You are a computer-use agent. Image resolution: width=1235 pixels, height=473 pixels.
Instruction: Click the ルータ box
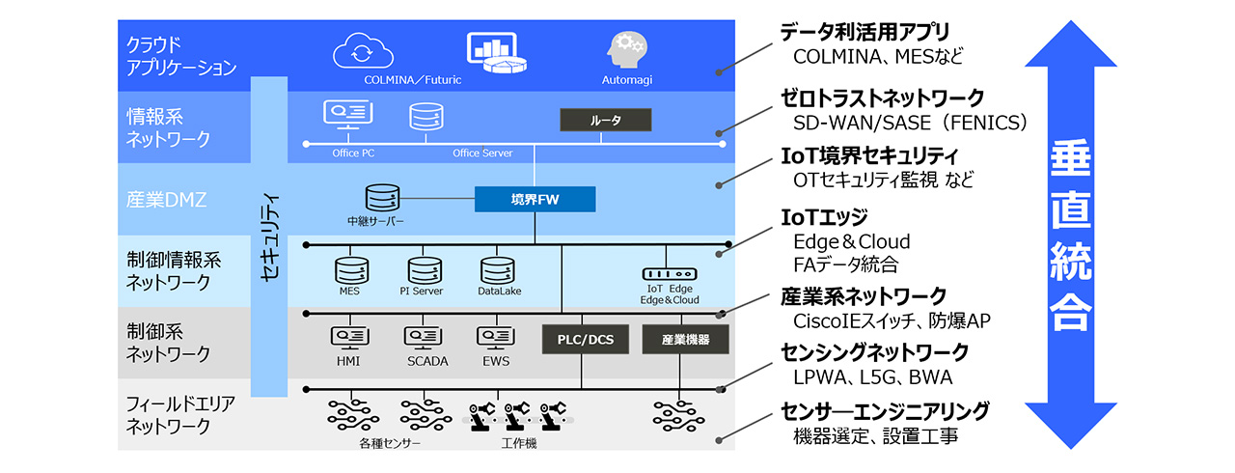click(x=606, y=120)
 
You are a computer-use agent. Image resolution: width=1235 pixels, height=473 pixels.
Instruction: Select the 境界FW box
click(x=535, y=199)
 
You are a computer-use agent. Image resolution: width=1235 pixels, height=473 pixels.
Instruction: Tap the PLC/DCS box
click(x=585, y=339)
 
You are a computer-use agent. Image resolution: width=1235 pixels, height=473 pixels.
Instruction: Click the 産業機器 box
click(x=686, y=339)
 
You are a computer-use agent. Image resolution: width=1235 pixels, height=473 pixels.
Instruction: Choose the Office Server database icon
click(x=425, y=119)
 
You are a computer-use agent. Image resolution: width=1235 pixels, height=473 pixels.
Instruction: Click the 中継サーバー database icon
click(x=382, y=199)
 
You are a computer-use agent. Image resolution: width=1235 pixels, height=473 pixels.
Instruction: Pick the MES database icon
click(x=349, y=270)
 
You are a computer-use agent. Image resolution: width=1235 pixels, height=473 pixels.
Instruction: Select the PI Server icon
click(x=423, y=270)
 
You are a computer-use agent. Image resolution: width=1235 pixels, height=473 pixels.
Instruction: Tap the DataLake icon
click(x=494, y=270)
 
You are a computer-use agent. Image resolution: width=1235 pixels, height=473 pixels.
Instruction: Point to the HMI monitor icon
click(x=347, y=338)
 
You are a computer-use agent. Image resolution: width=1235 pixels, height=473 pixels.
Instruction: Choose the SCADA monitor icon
click(x=421, y=338)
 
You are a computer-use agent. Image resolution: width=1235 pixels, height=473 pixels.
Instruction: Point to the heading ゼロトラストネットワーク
click(x=882, y=97)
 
